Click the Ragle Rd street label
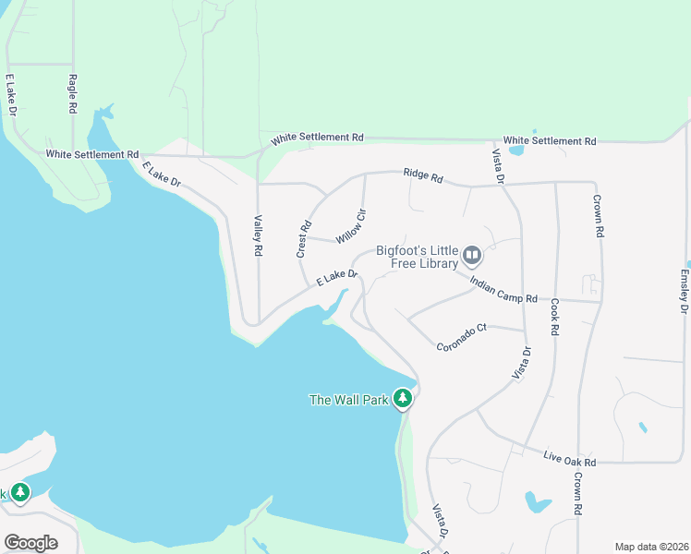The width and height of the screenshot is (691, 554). (x=72, y=94)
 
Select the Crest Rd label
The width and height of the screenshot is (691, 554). (x=301, y=238)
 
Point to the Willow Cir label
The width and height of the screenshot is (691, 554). (x=351, y=226)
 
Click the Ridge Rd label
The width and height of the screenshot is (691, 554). (x=423, y=175)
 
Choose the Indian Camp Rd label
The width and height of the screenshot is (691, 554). (x=503, y=290)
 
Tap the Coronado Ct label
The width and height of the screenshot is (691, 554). (x=461, y=337)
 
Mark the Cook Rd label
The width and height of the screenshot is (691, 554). (x=554, y=317)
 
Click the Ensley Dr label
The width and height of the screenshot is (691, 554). (x=685, y=291)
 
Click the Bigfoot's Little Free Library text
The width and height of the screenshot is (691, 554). (x=417, y=257)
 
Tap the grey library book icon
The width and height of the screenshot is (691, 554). (x=472, y=254)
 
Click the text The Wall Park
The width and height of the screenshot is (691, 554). (x=348, y=400)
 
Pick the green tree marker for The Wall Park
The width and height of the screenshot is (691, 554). (x=402, y=398)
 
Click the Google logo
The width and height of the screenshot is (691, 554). (x=30, y=543)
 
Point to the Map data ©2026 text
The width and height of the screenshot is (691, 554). (x=651, y=547)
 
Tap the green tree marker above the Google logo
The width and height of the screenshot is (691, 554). (x=20, y=493)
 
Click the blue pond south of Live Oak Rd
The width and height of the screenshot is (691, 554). (x=537, y=502)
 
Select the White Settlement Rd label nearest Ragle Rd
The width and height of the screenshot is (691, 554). (x=91, y=154)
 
